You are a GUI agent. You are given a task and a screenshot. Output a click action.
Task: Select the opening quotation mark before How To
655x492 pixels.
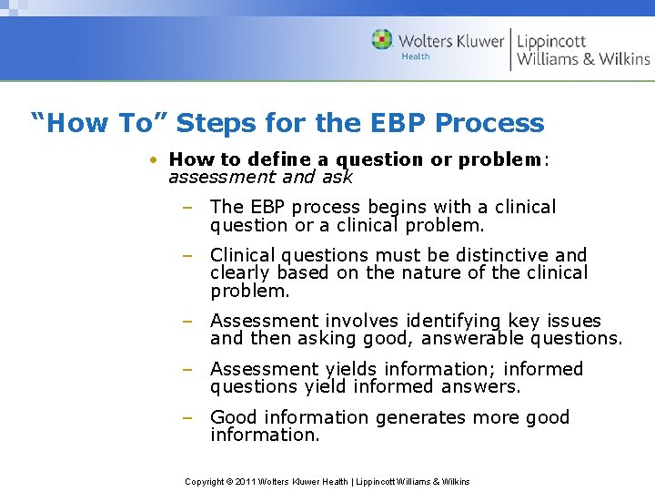click(38, 118)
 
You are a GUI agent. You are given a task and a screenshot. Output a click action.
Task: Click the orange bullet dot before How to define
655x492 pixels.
click(157, 159)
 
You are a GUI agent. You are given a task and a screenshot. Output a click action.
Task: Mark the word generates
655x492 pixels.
click(415, 418)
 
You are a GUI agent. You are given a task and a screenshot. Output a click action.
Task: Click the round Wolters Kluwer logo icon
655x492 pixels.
click(382, 39)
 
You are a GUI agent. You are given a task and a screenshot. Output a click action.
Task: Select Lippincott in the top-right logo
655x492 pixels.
click(552, 41)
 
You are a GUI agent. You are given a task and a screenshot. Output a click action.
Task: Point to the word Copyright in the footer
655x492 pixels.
click(206, 481)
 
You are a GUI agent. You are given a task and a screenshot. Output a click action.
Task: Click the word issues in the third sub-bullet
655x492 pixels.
click(574, 322)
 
